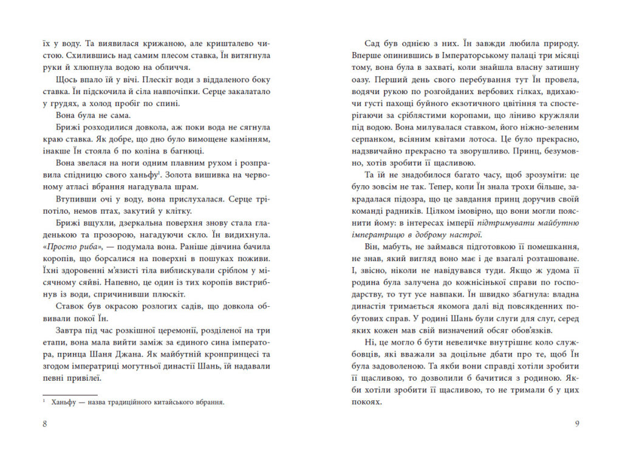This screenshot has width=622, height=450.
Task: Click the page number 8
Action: coord(46,423)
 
